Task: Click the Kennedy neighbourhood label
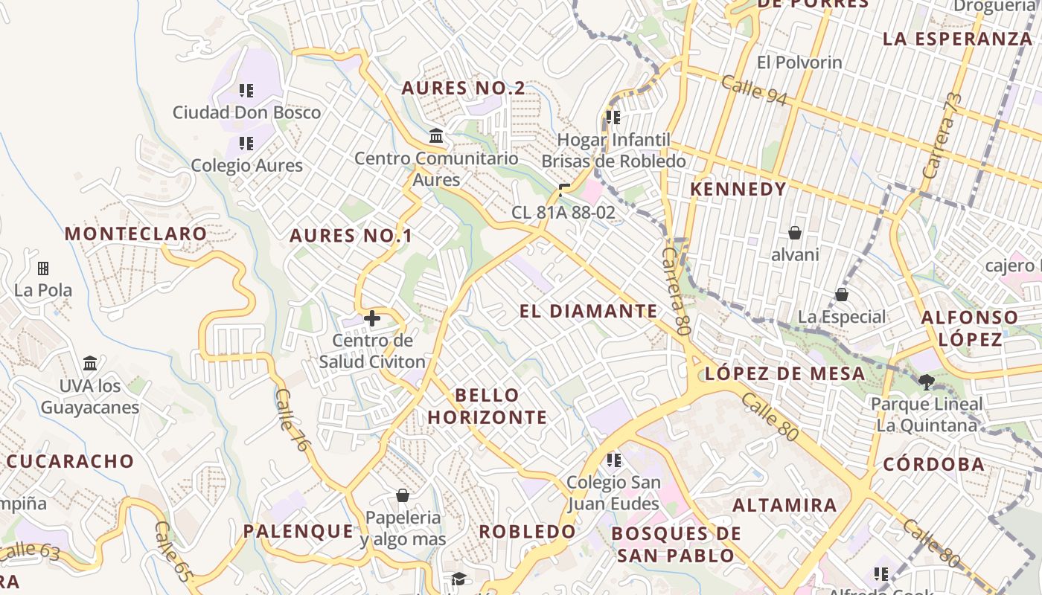(738, 189)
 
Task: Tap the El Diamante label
(589, 311)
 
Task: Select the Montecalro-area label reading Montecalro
(135, 234)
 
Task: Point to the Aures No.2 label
(463, 88)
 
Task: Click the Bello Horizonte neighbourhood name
(487, 406)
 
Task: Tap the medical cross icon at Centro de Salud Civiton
(372, 319)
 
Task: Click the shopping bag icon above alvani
(795, 233)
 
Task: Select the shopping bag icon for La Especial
(842, 295)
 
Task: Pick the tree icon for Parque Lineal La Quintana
(927, 382)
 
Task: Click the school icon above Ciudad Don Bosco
(246, 91)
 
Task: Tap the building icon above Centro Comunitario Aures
(436, 136)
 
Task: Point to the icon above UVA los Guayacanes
(90, 363)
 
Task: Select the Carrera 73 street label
(942, 136)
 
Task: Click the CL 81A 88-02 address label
(563, 213)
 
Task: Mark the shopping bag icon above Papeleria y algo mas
(403, 495)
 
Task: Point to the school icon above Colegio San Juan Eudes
(613, 460)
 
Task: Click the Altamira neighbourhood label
(784, 506)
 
